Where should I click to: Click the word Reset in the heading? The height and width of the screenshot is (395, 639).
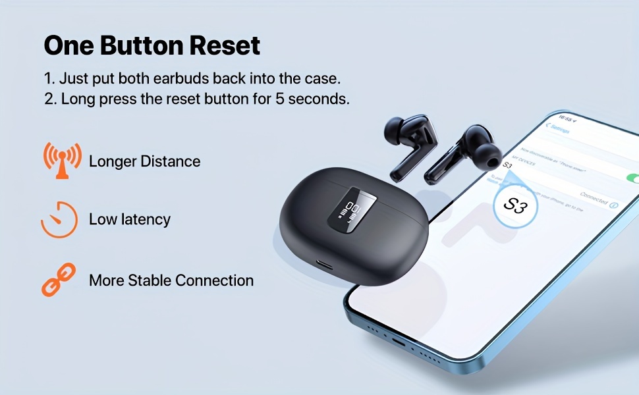click(x=225, y=46)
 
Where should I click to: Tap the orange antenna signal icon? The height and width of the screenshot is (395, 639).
click(x=62, y=161)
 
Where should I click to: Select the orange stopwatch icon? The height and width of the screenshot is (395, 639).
click(x=59, y=219)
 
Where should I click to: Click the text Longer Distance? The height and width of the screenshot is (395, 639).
click(x=144, y=161)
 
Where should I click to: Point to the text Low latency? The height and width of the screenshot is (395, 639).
click(x=129, y=219)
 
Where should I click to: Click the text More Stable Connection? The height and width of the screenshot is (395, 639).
click(x=171, y=280)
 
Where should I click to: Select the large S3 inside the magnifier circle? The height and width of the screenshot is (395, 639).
click(x=515, y=205)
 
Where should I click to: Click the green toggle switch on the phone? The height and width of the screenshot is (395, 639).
click(x=633, y=178)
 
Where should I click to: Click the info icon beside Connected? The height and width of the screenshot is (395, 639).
click(x=614, y=205)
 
